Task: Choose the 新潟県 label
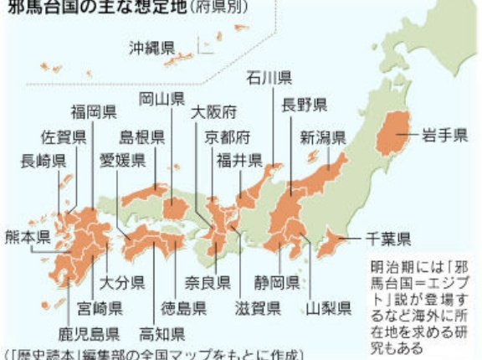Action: click(x=323, y=137)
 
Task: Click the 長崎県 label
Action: click(x=44, y=162)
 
